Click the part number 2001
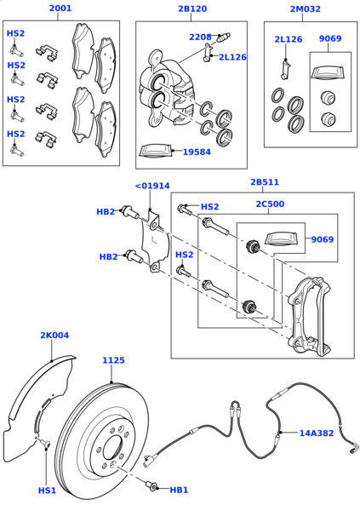[60, 9]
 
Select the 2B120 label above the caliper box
[191, 9]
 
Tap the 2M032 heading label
[306, 9]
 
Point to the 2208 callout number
[200, 37]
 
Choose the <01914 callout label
[151, 186]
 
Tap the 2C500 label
[270, 204]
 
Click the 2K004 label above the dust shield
[54, 336]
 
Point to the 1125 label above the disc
[114, 360]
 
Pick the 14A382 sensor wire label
[316, 433]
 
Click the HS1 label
[47, 491]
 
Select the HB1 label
[179, 491]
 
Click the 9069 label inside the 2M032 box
[330, 38]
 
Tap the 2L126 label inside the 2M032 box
[288, 39]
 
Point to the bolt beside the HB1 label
[153, 486]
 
